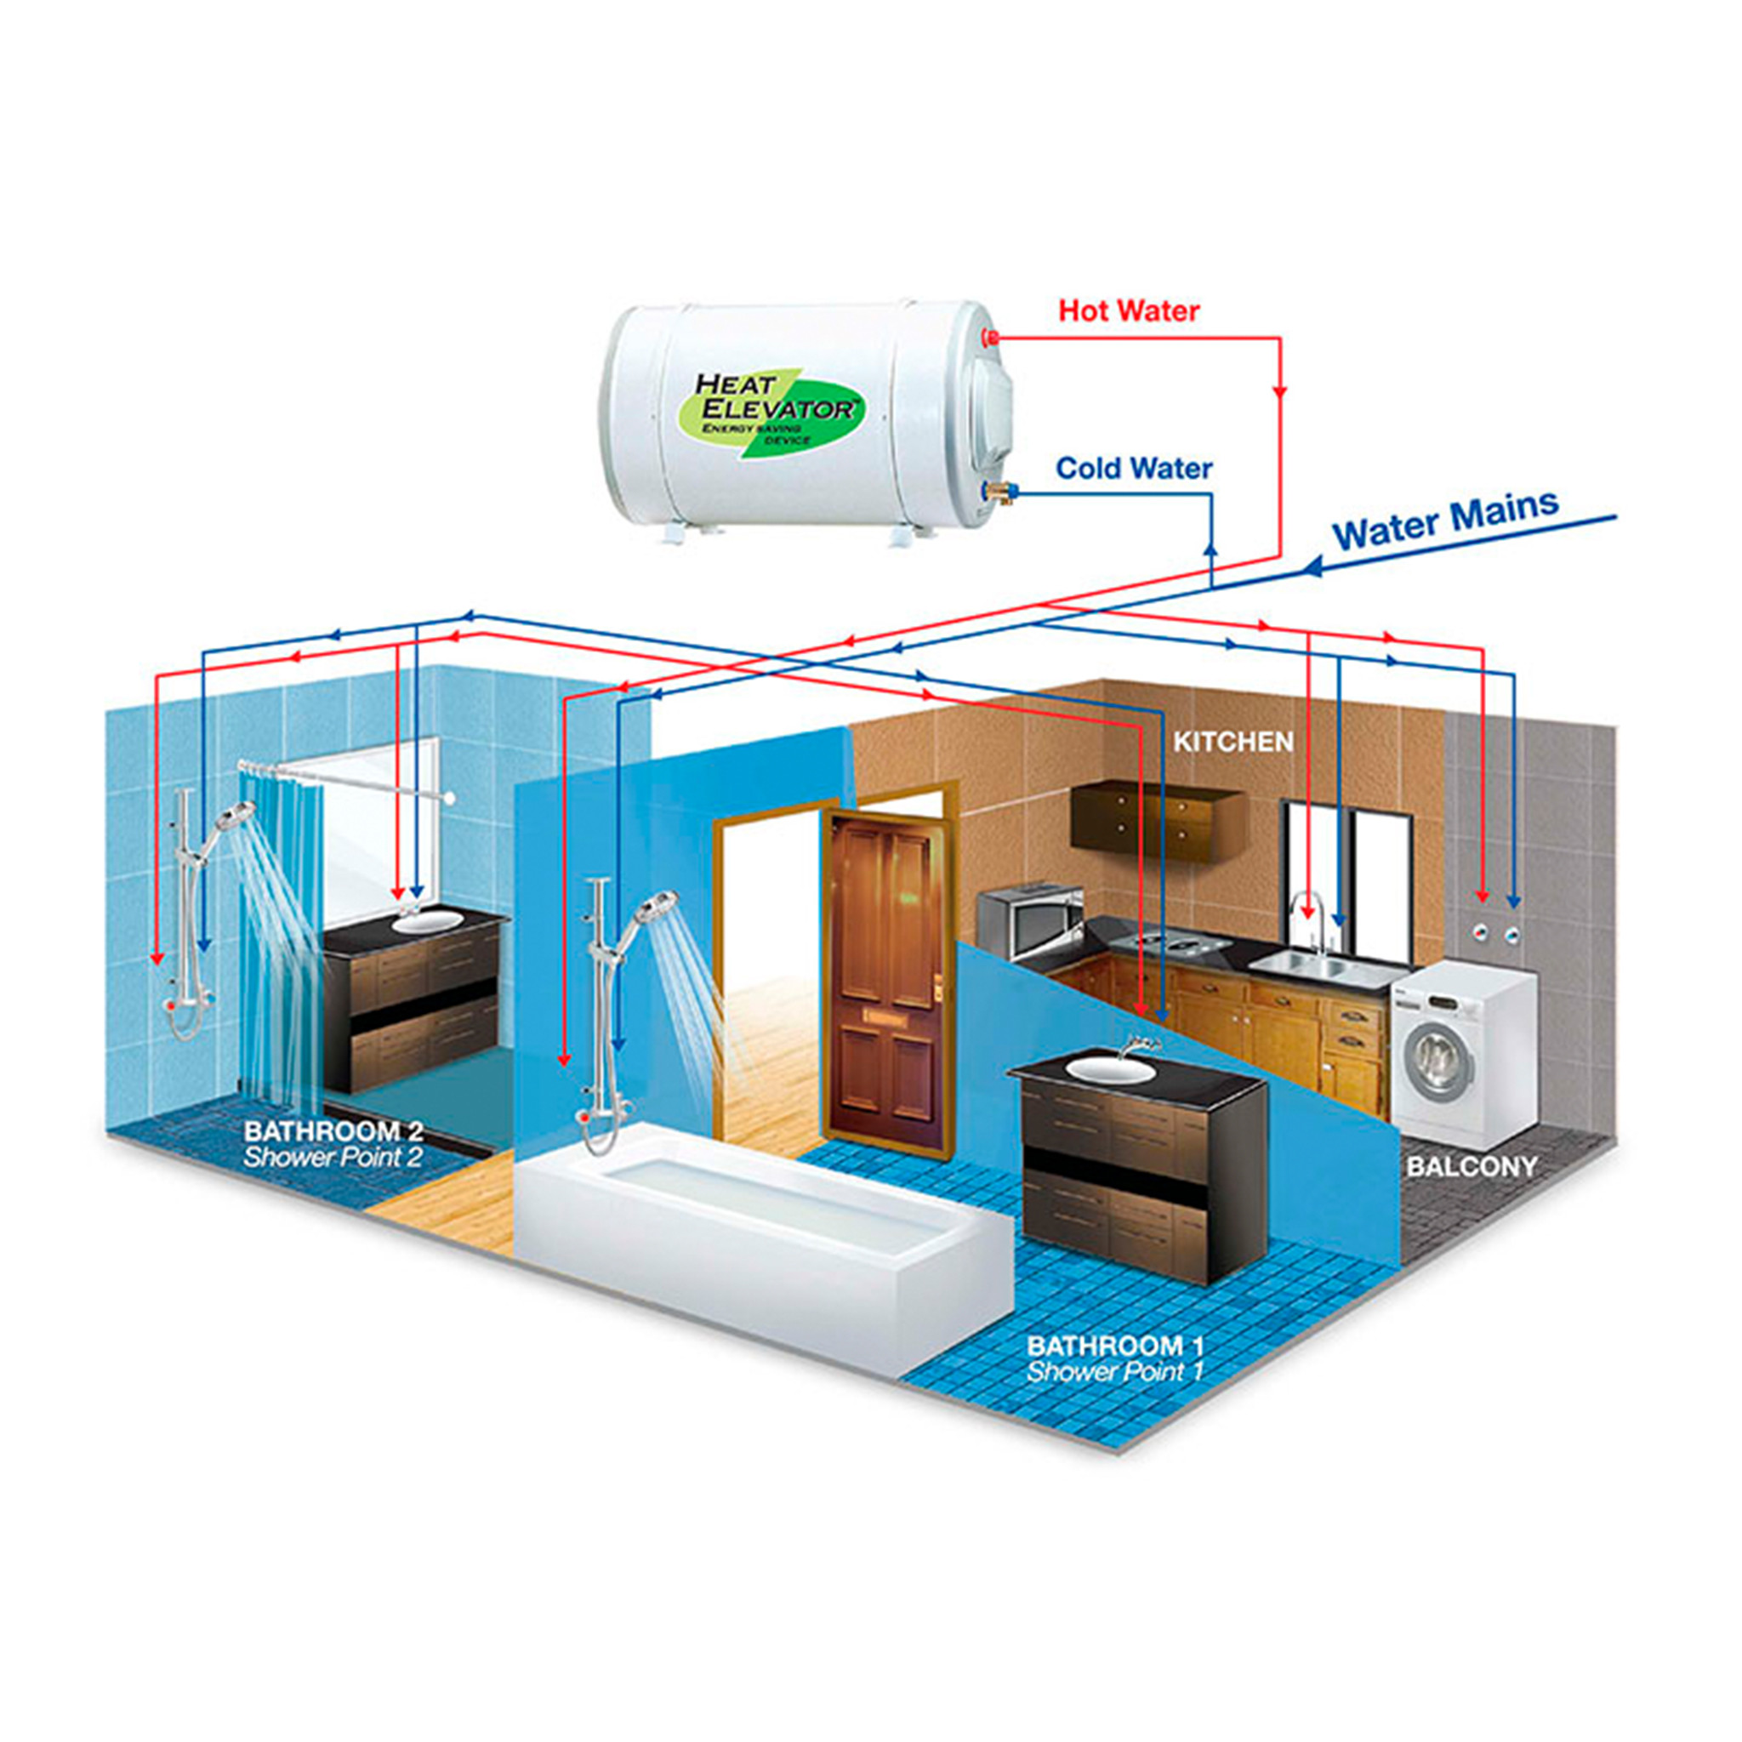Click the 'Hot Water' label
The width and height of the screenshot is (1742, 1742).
1128,311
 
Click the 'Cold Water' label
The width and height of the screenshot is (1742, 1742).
1133,468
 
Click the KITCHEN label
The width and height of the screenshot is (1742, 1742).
1232,741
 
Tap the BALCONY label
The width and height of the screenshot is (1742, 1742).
1472,1166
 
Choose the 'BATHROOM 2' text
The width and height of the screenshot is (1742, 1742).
333,1130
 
